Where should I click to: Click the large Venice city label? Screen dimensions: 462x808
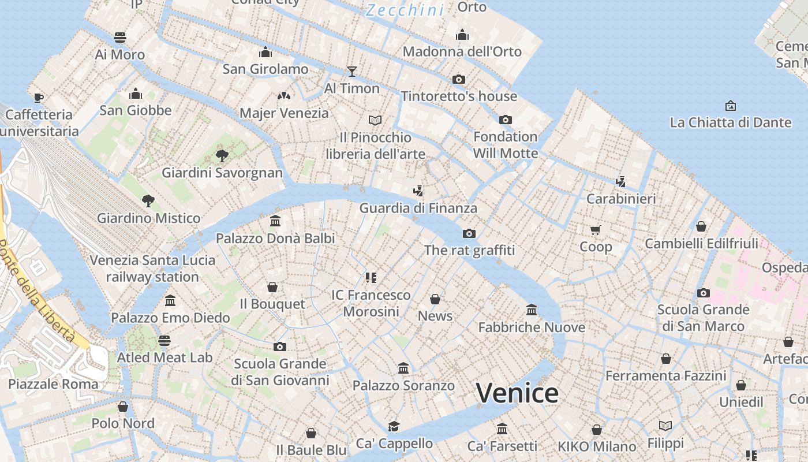[517, 393]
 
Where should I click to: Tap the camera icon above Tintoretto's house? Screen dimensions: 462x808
[459, 79]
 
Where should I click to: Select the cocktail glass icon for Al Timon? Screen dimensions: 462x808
[352, 71]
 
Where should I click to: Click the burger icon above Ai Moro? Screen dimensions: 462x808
[120, 38]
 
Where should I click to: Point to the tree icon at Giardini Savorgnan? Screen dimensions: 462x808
[222, 155]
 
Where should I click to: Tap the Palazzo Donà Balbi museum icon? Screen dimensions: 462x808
[275, 221]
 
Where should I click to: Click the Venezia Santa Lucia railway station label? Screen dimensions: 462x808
[152, 269]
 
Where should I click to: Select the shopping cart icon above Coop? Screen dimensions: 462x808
[596, 230]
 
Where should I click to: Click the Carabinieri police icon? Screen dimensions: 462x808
[621, 181]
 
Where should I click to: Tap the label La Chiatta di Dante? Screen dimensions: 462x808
[730, 122]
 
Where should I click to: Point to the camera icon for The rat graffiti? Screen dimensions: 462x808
[469, 233]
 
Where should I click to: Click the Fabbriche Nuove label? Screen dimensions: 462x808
[532, 327]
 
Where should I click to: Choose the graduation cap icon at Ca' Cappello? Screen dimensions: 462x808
[394, 426]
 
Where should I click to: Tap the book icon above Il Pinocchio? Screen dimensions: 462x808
[375, 120]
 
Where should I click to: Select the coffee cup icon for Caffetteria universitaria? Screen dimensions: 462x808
[39, 97]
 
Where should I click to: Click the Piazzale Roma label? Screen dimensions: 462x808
[53, 384]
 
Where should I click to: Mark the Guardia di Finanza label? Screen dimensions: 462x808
[418, 208]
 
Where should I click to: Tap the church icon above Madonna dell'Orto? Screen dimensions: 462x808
[462, 35]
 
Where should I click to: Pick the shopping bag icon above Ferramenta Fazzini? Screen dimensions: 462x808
[666, 359]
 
